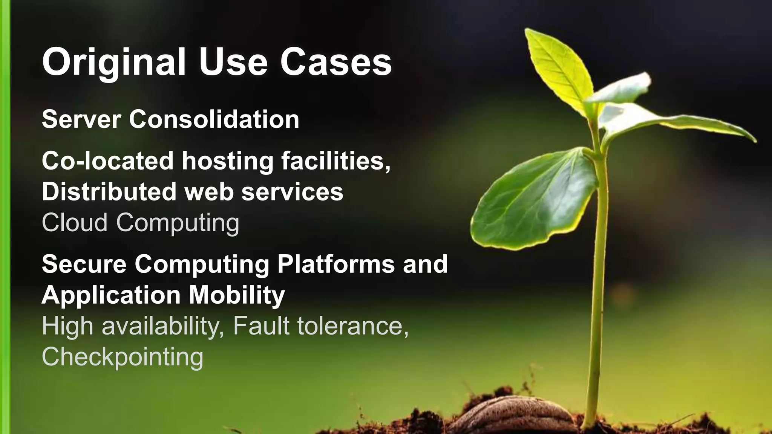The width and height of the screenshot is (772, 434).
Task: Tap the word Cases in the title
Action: [335, 63]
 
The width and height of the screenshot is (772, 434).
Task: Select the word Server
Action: [81, 119]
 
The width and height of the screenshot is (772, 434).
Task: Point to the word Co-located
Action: [107, 161]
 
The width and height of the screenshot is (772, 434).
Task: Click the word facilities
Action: [335, 161]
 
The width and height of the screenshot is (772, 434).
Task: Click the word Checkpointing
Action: [123, 357]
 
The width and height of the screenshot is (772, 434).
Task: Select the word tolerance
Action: [352, 326]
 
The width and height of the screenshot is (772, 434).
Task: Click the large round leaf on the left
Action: [535, 200]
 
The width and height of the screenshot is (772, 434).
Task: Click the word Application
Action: [111, 295]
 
